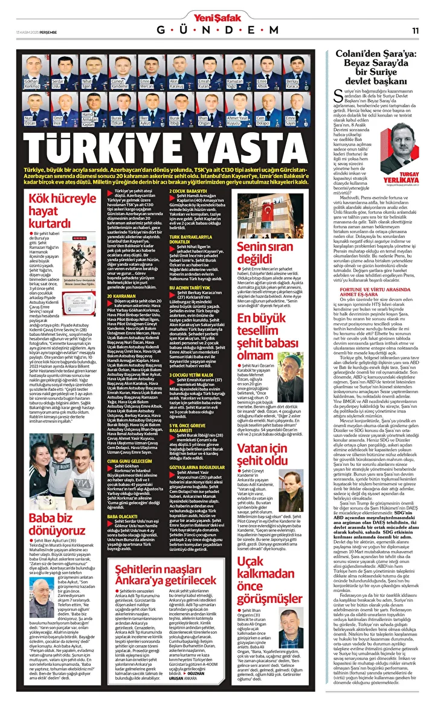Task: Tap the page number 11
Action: click(x=416, y=30)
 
